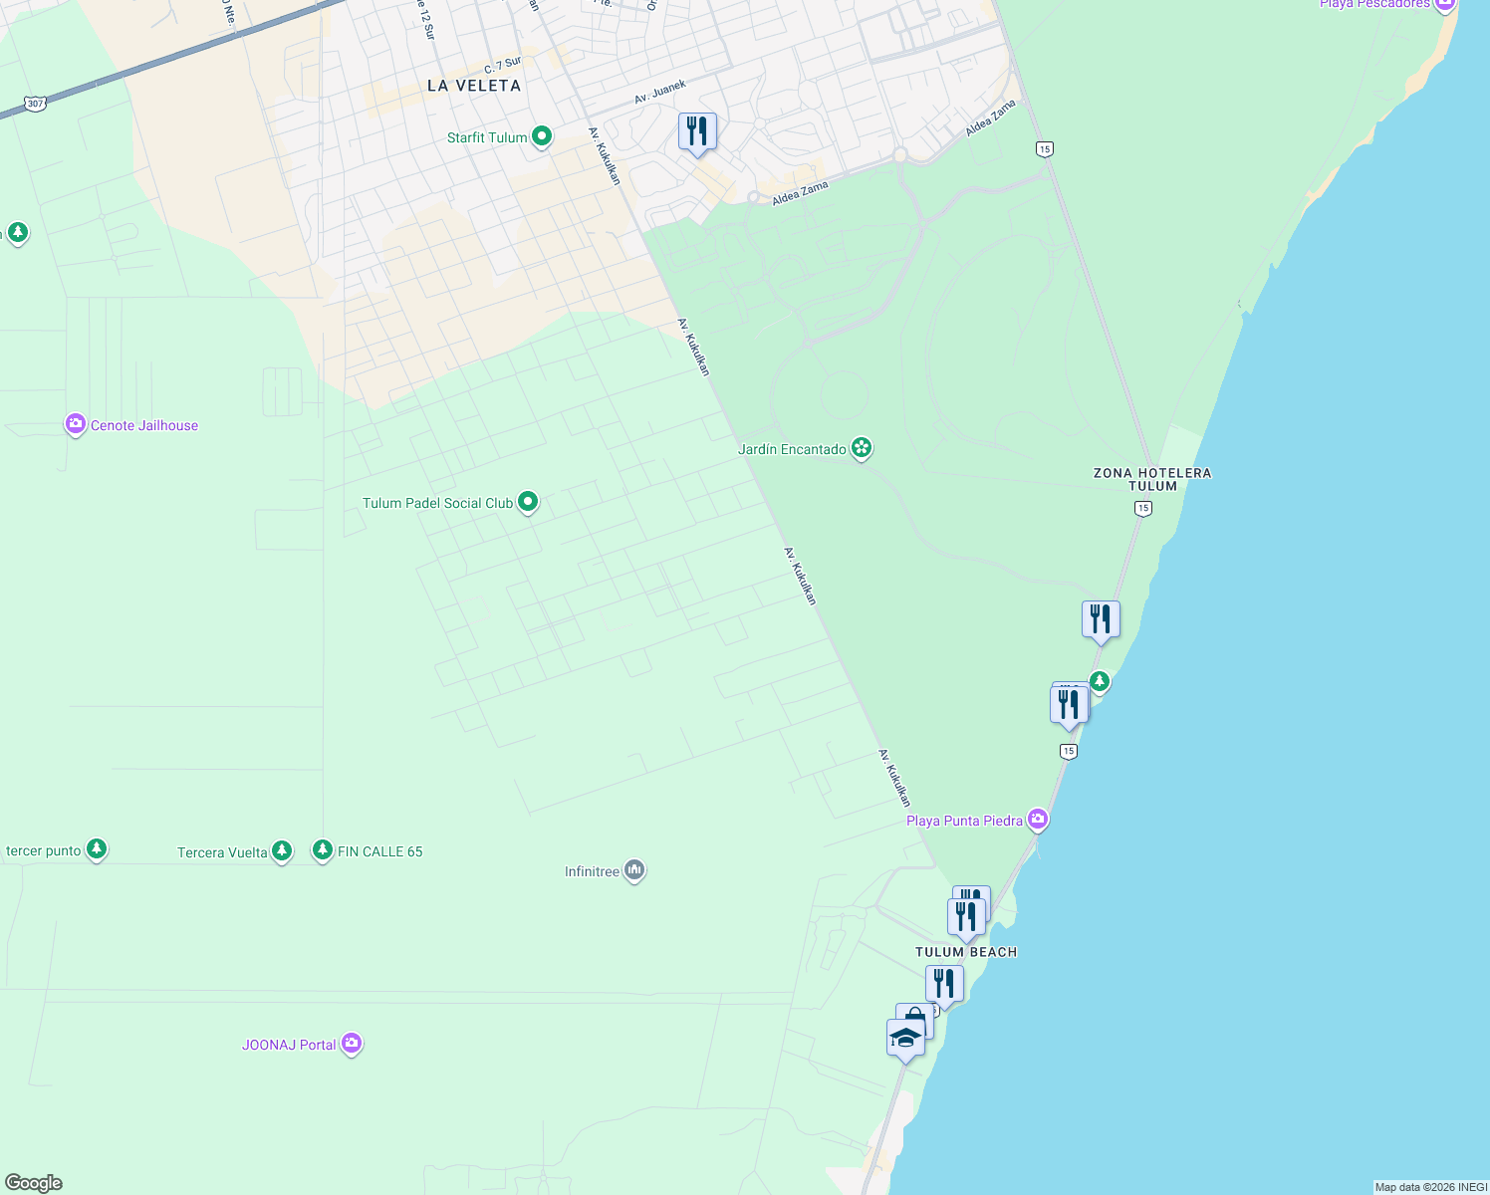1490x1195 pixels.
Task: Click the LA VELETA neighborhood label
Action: (x=474, y=86)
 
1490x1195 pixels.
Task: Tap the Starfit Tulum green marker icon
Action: (x=542, y=136)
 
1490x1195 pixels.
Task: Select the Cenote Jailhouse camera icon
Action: (x=75, y=425)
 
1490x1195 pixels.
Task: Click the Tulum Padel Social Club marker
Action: (x=528, y=502)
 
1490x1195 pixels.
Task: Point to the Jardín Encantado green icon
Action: (x=862, y=448)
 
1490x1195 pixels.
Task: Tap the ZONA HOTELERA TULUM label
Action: (x=1152, y=479)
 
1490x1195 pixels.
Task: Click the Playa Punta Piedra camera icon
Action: (x=1038, y=820)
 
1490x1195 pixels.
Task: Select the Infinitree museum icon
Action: (x=634, y=870)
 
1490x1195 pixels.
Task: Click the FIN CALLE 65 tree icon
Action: (x=322, y=849)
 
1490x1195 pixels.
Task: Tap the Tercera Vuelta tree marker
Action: (x=282, y=850)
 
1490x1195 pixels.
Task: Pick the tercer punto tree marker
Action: (x=96, y=848)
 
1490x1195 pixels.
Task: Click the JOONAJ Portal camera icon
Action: (x=351, y=1044)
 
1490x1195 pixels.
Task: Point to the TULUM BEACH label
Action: (x=966, y=952)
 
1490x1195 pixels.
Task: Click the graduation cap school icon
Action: (x=905, y=1038)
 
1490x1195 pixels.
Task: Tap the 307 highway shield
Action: (x=36, y=104)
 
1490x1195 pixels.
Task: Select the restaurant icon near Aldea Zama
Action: (x=697, y=131)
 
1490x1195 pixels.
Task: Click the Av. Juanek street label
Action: (x=660, y=93)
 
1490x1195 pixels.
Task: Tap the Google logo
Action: (x=34, y=1183)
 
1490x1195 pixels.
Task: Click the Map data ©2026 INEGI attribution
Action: (x=1430, y=1187)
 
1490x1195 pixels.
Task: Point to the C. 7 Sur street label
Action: (x=503, y=66)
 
